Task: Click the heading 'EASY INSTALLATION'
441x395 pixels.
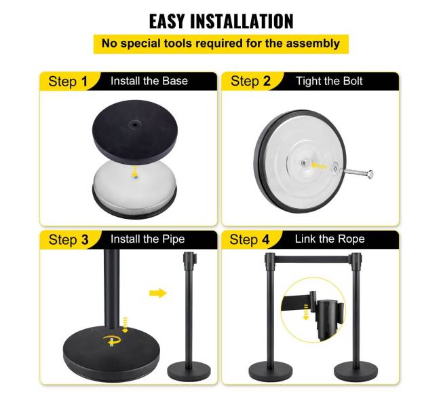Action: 221,21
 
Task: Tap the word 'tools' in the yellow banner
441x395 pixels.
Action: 178,44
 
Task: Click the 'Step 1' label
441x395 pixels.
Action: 68,82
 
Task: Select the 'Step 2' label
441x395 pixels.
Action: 250,81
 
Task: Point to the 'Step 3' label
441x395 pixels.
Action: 69,240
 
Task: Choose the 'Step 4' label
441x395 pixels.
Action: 250,239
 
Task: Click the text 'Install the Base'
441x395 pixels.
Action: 149,81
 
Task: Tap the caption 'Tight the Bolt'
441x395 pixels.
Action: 329,81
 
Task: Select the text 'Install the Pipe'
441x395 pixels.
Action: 148,239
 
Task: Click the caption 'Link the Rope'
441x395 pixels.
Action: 330,239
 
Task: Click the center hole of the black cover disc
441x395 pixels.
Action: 135,124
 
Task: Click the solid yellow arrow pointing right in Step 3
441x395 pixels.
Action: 158,293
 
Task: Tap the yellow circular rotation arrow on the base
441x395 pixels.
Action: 112,340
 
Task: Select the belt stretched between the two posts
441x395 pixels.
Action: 312,259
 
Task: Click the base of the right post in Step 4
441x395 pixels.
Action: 356,371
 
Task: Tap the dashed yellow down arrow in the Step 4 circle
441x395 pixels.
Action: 306,312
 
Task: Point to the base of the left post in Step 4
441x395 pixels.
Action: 271,371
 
